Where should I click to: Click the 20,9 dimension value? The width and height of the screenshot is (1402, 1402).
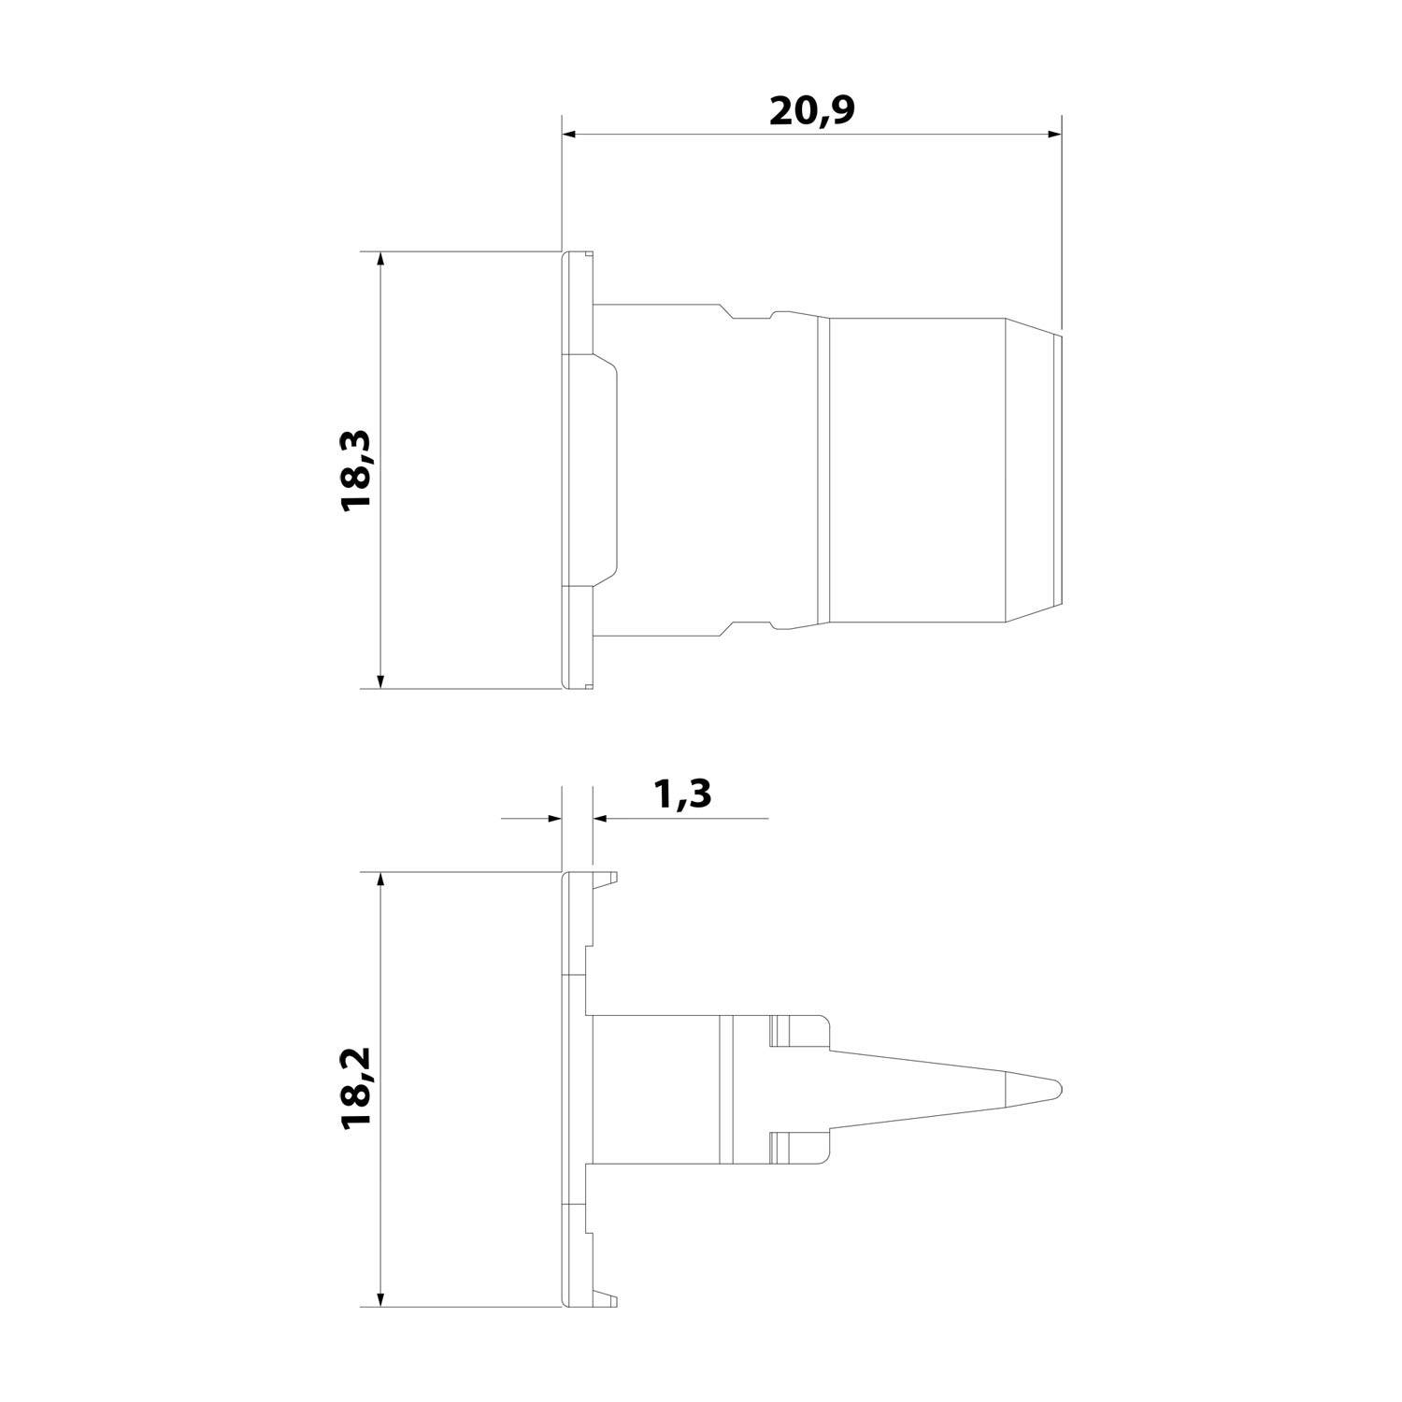[x=812, y=111]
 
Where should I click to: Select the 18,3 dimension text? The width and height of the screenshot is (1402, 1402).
[x=357, y=469]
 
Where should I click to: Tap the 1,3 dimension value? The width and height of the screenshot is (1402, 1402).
[x=682, y=794]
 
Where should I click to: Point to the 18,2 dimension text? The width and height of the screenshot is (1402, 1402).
[x=357, y=1089]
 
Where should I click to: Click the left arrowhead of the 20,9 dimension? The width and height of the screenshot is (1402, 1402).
[x=569, y=136]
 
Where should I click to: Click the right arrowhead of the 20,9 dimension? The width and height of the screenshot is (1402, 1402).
[x=1054, y=136]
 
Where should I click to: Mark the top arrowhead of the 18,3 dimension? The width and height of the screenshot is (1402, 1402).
[x=379, y=260]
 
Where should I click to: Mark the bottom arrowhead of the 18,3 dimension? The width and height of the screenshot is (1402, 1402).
[x=379, y=680]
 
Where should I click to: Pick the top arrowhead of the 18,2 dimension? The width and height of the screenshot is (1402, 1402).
[x=379, y=881]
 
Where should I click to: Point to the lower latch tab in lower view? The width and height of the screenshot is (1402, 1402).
[x=799, y=1149]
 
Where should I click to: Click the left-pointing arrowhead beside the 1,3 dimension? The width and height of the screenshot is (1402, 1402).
[x=600, y=819]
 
